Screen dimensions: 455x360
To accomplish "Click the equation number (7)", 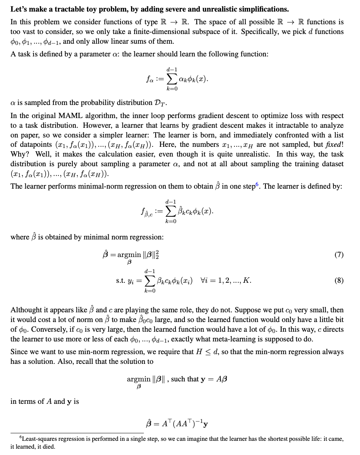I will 339,255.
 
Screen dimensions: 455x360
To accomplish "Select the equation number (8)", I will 339,281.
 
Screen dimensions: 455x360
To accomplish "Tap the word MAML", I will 66,116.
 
